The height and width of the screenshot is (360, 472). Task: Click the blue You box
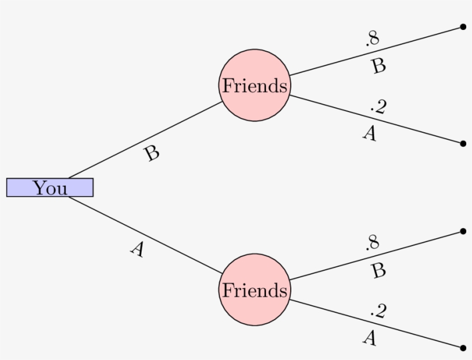pos(50,187)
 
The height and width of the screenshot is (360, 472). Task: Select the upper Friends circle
pos(254,85)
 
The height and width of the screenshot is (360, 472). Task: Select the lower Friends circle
pos(254,290)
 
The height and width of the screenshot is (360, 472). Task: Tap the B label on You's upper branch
pos(151,154)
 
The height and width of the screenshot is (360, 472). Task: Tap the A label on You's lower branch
pos(136,249)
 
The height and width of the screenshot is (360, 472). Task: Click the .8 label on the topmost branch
pos(372,39)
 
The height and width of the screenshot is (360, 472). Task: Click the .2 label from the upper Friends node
pos(378,106)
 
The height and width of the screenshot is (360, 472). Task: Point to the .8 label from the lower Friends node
pos(372,243)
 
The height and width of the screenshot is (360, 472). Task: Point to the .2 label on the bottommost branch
pos(378,311)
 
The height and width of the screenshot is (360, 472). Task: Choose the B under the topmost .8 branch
pos(378,66)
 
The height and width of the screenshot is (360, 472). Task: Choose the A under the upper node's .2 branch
pos(370,133)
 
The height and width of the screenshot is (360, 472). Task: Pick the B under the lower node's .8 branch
pos(378,270)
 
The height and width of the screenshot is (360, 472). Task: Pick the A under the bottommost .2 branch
pos(370,338)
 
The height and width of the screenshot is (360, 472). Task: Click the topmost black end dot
pos(463,26)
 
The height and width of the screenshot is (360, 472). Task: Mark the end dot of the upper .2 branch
pos(463,143)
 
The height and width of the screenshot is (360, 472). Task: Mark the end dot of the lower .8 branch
pos(463,231)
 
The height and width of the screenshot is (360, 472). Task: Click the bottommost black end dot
pos(463,347)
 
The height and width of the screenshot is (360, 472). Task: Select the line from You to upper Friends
pos(144,140)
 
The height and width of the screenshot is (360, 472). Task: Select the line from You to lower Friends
pos(144,235)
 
